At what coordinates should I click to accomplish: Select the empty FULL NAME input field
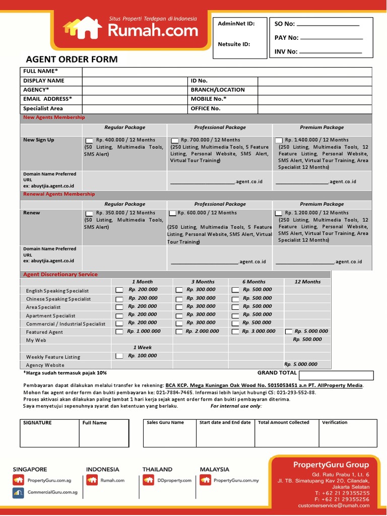[227, 72]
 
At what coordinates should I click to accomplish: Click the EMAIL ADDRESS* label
[47, 99]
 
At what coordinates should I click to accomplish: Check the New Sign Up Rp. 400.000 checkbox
[89, 140]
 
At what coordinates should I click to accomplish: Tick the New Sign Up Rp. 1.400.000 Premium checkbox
[279, 140]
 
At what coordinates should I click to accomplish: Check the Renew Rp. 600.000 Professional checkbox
[172, 213]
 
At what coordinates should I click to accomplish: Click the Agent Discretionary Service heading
[60, 275]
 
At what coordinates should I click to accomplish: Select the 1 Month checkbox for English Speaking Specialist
[119, 290]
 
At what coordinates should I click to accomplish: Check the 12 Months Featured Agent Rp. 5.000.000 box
[288, 332]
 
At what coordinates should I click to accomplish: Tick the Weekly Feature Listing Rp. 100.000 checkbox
[119, 356]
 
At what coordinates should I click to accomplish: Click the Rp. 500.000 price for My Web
[307, 340]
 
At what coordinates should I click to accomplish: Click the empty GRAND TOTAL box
[336, 375]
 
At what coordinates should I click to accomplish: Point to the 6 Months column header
[254, 282]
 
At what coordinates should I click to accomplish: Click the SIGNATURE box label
[37, 423]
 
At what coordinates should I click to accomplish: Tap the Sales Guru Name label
[165, 423]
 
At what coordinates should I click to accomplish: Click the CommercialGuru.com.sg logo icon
[19, 492]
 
